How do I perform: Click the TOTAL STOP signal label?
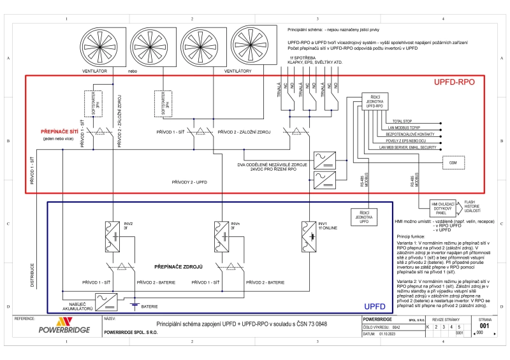click(x=402, y=120)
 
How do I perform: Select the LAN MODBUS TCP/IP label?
click(x=405, y=127)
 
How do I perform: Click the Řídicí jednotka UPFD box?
click(x=364, y=216)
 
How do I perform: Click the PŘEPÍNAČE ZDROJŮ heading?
click(x=178, y=266)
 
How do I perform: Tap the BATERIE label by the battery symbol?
click(x=150, y=307)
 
